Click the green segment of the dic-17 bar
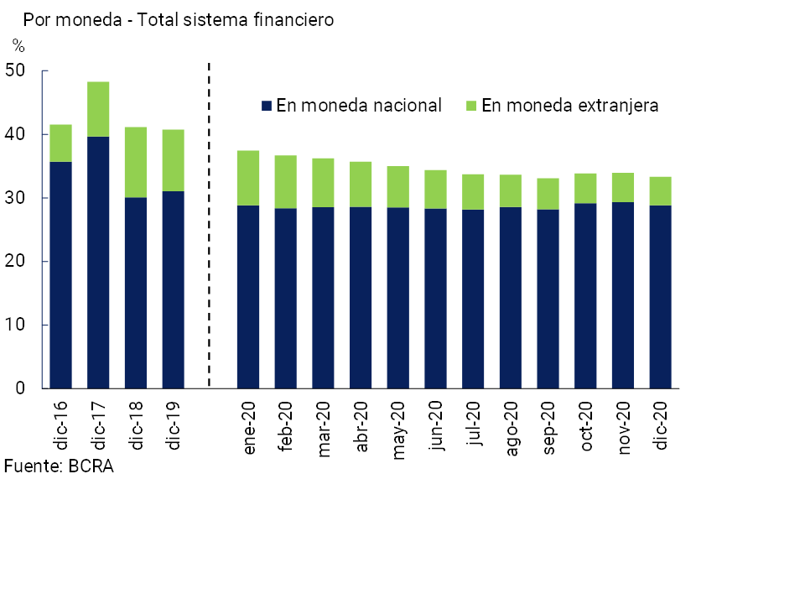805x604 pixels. [98, 109]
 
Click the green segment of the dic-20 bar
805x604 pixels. [660, 191]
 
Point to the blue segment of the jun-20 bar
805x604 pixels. [435, 298]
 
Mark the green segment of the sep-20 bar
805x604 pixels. [548, 193]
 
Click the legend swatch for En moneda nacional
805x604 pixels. [267, 106]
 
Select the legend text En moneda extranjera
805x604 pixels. [570, 106]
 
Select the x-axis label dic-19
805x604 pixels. [173, 424]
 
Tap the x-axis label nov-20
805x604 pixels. [625, 428]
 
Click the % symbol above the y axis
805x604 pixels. [18, 46]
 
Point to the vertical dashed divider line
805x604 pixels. [208, 226]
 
